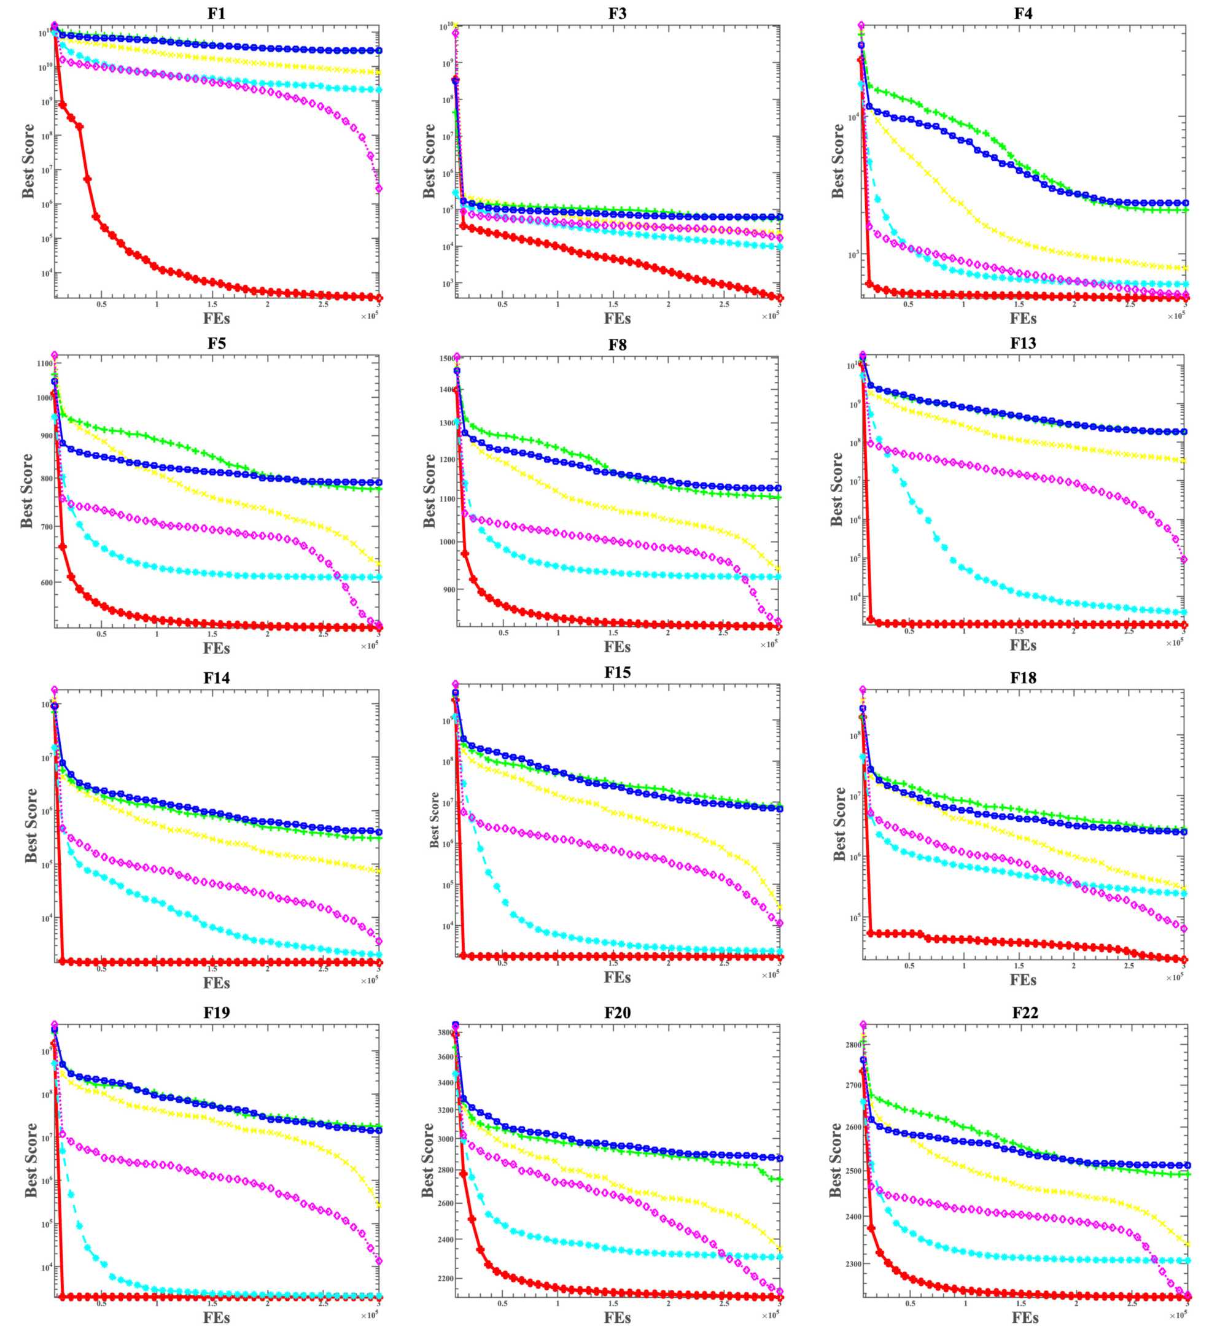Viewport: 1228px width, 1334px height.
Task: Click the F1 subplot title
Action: tap(217, 14)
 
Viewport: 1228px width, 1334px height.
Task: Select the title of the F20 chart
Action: tap(617, 1012)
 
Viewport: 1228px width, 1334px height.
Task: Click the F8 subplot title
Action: tap(617, 345)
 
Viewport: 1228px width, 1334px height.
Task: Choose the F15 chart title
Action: tap(617, 672)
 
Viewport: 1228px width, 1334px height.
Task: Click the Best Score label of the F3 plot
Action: tap(429, 161)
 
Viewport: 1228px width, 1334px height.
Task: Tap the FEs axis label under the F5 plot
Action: tap(217, 647)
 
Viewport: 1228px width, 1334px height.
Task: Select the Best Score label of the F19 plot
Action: tap(31, 1160)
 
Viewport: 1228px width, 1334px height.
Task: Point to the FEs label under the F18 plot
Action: tap(1024, 980)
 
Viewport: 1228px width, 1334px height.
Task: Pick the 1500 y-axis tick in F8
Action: tap(446, 359)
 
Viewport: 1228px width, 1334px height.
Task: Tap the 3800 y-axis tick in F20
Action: tap(445, 1033)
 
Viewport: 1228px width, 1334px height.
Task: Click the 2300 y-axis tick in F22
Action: tap(851, 1264)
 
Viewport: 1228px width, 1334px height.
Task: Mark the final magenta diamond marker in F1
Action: tap(379, 188)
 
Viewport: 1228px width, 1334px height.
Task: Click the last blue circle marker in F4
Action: tap(1186, 203)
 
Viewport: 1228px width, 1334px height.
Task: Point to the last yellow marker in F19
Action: tap(379, 1204)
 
